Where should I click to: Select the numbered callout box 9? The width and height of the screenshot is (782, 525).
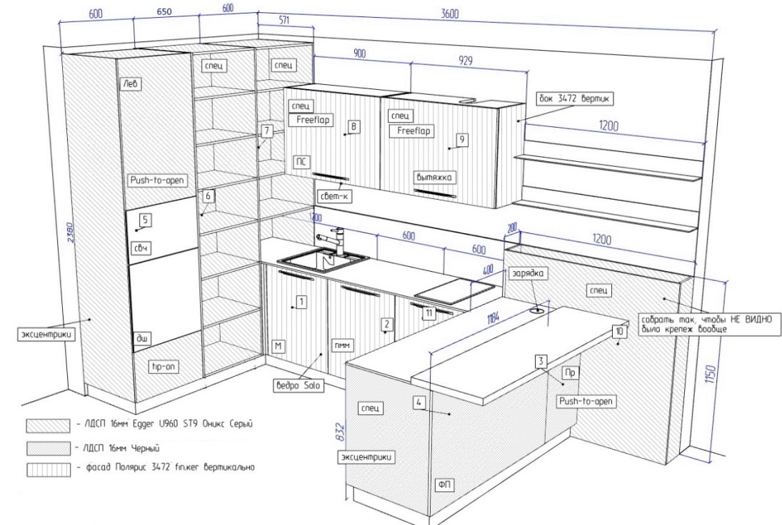pyautogui.click(x=462, y=140)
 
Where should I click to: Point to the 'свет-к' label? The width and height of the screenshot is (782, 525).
pyautogui.click(x=334, y=195)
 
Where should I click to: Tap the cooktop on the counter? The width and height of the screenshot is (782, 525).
pyautogui.click(x=454, y=290)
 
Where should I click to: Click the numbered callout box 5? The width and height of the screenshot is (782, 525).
pyautogui.click(x=145, y=220)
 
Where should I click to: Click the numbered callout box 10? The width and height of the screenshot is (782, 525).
pyautogui.click(x=618, y=332)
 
